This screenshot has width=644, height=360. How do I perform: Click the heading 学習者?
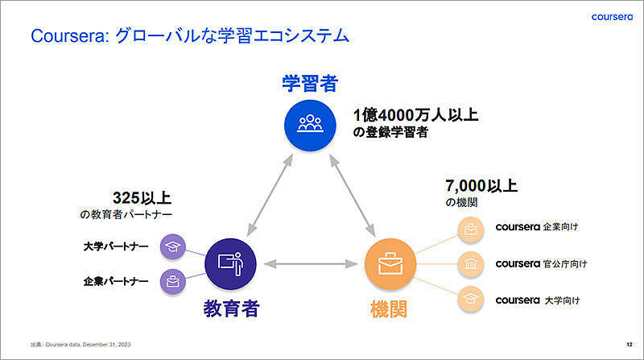coord(310,83)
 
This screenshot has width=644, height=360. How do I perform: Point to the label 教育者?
coord(231,308)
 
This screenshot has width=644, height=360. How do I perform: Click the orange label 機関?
coord(390,308)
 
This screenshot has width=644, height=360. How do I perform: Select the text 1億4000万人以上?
coord(415,114)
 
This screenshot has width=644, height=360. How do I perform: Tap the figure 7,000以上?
coord(481,186)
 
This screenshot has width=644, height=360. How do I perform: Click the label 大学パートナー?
coord(116,246)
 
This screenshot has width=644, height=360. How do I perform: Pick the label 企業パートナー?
coord(116,282)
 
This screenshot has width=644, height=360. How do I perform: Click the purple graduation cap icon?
coord(171,246)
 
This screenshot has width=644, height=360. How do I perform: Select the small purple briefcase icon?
coord(171,282)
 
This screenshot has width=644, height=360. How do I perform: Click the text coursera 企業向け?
coord(537,226)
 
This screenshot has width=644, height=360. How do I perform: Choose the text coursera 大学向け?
coord(537,300)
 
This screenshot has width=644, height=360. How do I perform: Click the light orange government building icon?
coord(470,263)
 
